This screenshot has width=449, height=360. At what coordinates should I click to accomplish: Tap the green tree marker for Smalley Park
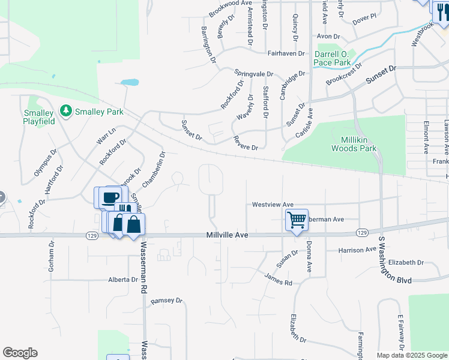click(x=65, y=112)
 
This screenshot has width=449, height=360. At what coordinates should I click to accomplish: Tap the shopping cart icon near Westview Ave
click(x=297, y=220)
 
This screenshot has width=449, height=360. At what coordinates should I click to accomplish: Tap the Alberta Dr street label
click(x=123, y=280)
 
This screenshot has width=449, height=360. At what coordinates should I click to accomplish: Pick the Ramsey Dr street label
click(x=166, y=301)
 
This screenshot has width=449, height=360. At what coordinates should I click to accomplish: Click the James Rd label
click(x=278, y=278)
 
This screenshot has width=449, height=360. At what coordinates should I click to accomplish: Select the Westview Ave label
click(x=273, y=204)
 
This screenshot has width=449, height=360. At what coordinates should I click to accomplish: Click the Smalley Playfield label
click(x=39, y=117)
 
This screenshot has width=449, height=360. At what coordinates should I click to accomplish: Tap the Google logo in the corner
click(x=20, y=353)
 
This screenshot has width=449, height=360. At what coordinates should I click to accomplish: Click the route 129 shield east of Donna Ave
click(x=361, y=232)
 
